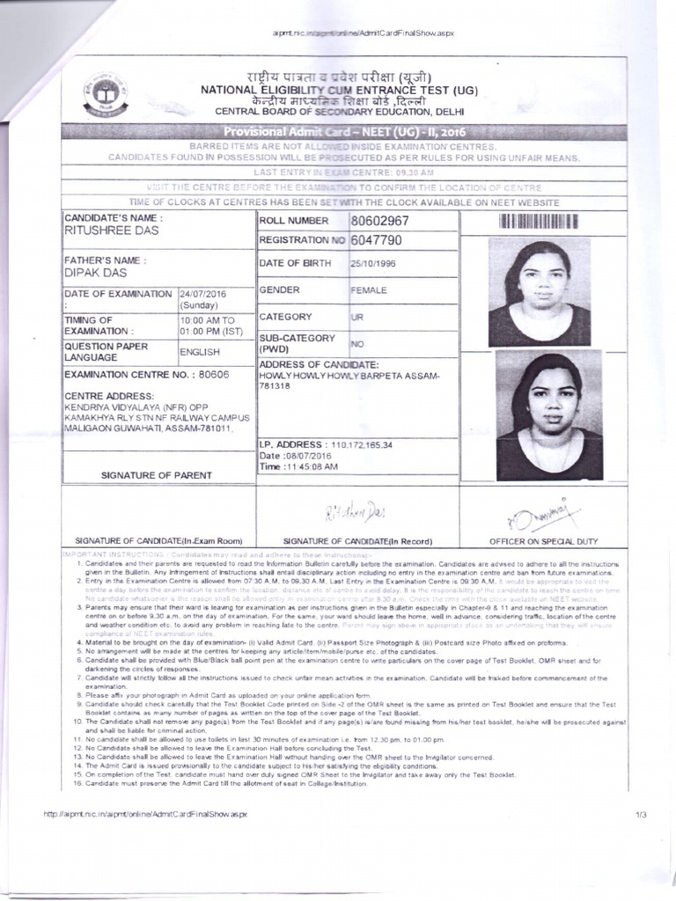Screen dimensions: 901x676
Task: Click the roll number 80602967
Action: [x=379, y=220]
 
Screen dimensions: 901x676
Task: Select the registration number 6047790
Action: [x=376, y=240]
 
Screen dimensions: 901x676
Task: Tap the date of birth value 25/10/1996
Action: [x=373, y=263]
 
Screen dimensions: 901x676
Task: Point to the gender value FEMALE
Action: [x=368, y=289]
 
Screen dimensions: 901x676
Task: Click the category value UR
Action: [x=357, y=316]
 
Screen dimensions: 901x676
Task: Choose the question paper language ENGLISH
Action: [x=199, y=352]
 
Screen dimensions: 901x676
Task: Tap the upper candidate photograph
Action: [x=539, y=292]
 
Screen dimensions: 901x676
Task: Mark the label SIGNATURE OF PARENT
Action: [x=157, y=475]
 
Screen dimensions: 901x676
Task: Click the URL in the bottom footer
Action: [x=146, y=816]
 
